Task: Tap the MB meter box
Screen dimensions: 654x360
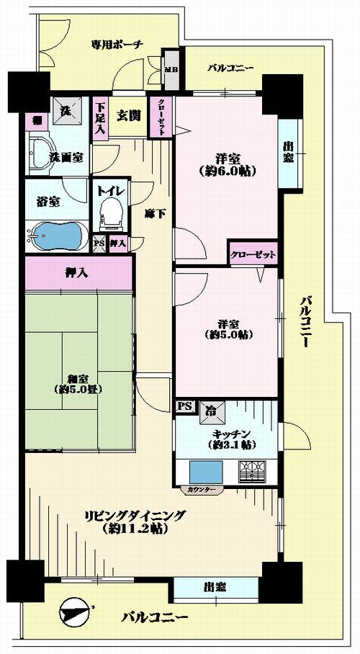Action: (x=171, y=70)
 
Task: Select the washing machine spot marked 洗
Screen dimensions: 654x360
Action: (x=65, y=111)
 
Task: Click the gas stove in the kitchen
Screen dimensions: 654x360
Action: (x=252, y=473)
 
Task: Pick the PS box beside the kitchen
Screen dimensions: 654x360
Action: (x=184, y=406)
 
